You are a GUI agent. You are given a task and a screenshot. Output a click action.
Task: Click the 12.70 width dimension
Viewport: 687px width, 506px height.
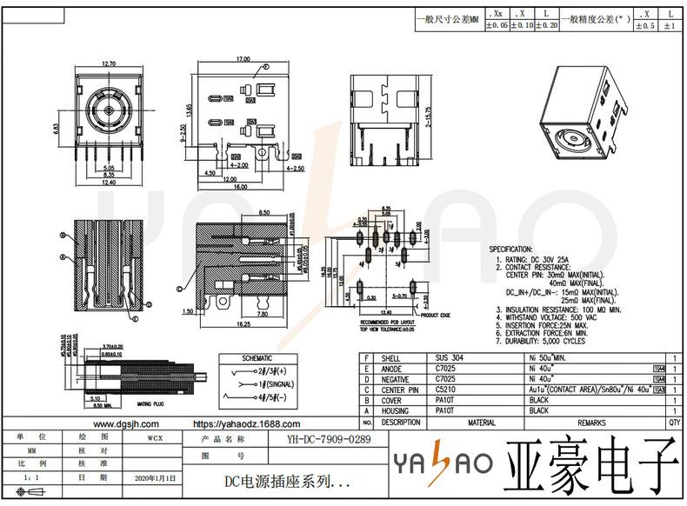click(x=109, y=64)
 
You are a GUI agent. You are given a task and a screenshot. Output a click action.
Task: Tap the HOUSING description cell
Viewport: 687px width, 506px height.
click(x=395, y=410)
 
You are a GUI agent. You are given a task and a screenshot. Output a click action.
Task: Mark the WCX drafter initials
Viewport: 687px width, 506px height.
click(x=154, y=438)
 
